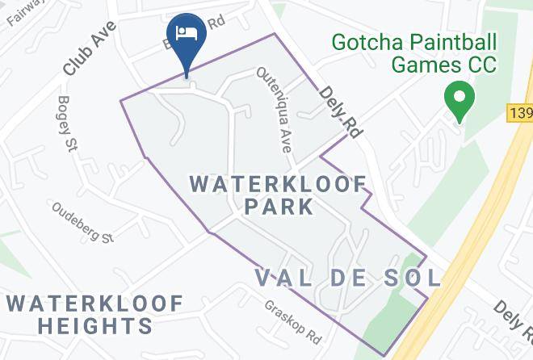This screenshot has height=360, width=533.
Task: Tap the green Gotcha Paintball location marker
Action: [x=460, y=101]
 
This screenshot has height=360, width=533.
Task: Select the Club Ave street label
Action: [x=90, y=49]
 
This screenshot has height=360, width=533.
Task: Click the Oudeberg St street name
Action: [x=84, y=222]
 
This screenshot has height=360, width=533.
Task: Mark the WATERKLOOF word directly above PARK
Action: [x=279, y=184]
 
